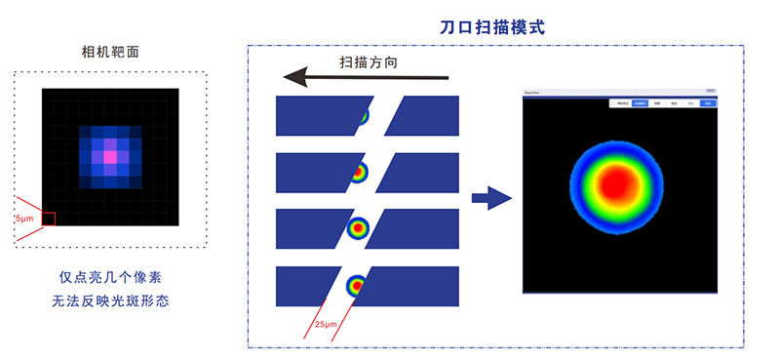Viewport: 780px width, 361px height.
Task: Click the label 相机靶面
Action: point(109,52)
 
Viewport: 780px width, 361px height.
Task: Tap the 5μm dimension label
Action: point(24,220)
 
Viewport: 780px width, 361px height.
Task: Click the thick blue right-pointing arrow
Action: point(491,200)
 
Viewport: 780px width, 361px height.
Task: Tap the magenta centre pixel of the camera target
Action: point(110,156)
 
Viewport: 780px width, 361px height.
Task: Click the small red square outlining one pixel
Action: point(48,220)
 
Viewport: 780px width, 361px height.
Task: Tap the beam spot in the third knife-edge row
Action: point(358,227)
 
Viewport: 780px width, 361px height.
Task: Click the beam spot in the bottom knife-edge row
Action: point(357,285)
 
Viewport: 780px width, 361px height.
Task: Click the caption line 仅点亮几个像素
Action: point(109,278)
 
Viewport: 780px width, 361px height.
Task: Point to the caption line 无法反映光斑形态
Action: point(109,301)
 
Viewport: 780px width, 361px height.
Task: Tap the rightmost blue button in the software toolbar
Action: point(707,102)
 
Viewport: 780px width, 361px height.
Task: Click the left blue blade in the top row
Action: point(317,115)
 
